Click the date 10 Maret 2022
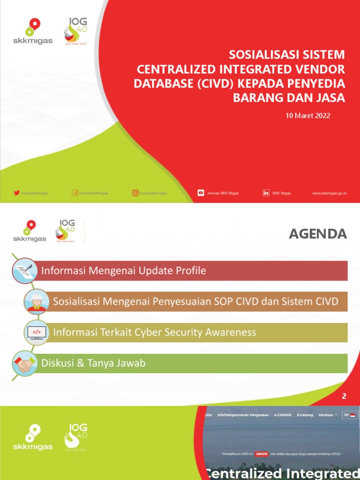pos(308,115)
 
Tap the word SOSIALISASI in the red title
pos(257,54)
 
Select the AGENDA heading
pos(318,234)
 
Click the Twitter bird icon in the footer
pos(16,193)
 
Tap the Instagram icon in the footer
pos(135,193)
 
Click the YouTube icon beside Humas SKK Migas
pos(201,193)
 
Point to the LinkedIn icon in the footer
pos(266,193)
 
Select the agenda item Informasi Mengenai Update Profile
pos(124,271)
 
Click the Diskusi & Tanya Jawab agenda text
pos(93,363)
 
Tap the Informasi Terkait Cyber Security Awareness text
pos(155,332)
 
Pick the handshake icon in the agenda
pos(24,363)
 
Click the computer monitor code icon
pos(37,332)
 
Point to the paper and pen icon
pos(24,271)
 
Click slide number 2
pos(344,396)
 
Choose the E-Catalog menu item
pos(305,415)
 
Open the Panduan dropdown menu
pos(328,415)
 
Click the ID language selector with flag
pos(350,415)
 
